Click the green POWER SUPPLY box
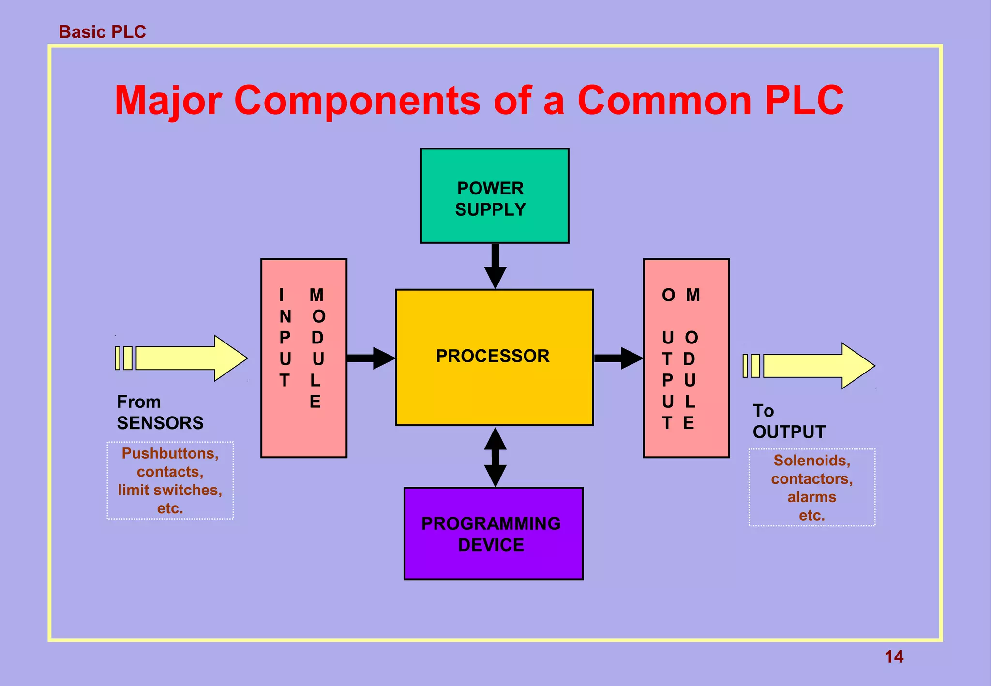pyautogui.click(x=494, y=196)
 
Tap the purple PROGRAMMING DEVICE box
pyautogui.click(x=493, y=533)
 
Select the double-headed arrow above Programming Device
pyautogui.click(x=495, y=457)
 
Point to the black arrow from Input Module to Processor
pyautogui.click(x=370, y=358)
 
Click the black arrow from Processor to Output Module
pyautogui.click(x=617, y=358)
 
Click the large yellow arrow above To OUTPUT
pyautogui.click(x=813, y=366)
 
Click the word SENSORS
pyautogui.click(x=160, y=423)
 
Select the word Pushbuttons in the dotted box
pyautogui.click(x=170, y=453)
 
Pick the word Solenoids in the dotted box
pyautogui.click(x=811, y=460)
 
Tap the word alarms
pyautogui.click(x=811, y=497)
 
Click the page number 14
pyautogui.click(x=893, y=656)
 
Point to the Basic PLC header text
pyautogui.click(x=102, y=32)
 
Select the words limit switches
pyautogui.click(x=170, y=490)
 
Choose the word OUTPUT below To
pyautogui.click(x=789, y=432)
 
